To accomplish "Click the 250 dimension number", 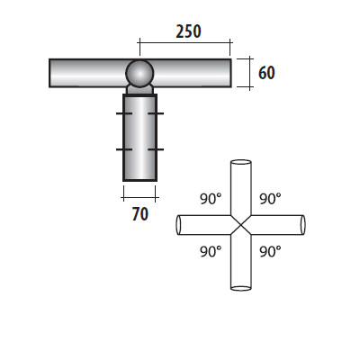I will pyautogui.click(x=186, y=31).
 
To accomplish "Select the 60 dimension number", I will pyautogui.click(x=266, y=72).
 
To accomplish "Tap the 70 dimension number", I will pyautogui.click(x=139, y=213).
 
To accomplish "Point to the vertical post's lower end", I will pyautogui.click(x=139, y=175).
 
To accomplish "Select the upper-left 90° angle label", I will pyautogui.click(x=210, y=197).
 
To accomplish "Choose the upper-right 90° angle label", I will pyautogui.click(x=270, y=197).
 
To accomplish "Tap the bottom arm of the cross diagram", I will pyautogui.click(x=240, y=270).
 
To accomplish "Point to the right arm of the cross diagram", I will pyautogui.click(x=284, y=225).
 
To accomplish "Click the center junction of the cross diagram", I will pyautogui.click(x=240, y=225).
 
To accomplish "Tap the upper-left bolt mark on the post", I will pyautogui.click(x=121, y=115).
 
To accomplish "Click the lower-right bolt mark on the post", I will pyautogui.click(x=159, y=148).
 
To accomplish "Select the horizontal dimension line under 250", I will pyautogui.click(x=184, y=42).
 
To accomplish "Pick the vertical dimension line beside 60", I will pyautogui.click(x=248, y=72).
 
